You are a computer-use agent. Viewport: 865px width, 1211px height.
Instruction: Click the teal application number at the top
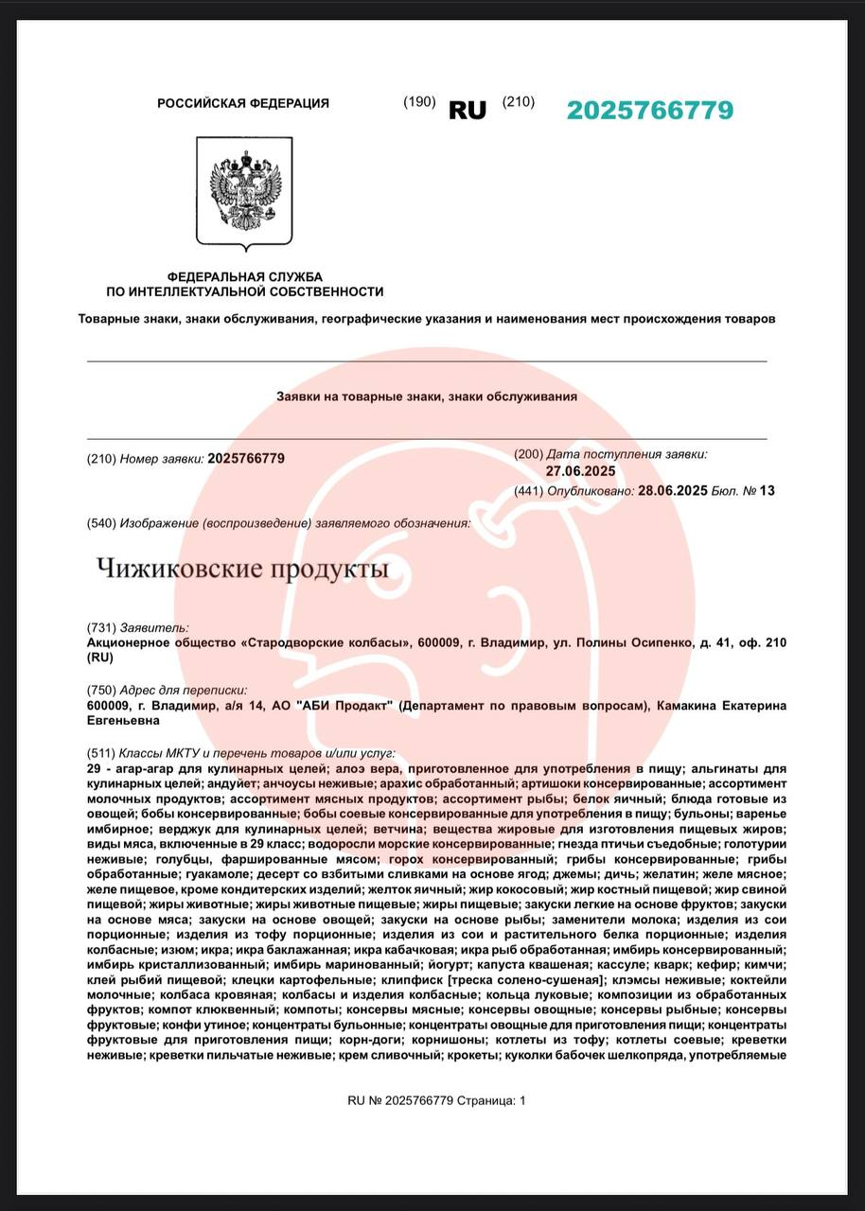(649, 111)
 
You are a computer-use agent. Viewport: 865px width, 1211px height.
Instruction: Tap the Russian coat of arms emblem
(244, 192)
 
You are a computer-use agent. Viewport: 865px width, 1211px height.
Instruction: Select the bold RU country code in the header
(467, 111)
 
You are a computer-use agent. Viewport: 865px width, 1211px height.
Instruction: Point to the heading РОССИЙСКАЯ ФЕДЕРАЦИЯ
(243, 103)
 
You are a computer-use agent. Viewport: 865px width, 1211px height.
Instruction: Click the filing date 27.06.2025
(580, 471)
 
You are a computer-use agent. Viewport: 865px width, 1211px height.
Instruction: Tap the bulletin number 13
(767, 491)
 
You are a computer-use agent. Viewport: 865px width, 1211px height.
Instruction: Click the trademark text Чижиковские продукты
(242, 570)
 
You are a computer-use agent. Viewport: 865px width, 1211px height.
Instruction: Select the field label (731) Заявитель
(137, 627)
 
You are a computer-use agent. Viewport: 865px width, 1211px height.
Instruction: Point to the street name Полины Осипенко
(633, 643)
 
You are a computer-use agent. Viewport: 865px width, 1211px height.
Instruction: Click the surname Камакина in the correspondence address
(681, 706)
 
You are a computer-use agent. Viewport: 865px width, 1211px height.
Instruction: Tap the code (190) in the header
(419, 102)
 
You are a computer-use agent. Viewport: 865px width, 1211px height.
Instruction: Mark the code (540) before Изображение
(101, 523)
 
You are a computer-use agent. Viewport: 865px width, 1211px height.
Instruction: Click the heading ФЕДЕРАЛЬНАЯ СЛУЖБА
(244, 276)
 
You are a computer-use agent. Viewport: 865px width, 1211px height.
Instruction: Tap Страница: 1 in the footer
(491, 1100)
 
